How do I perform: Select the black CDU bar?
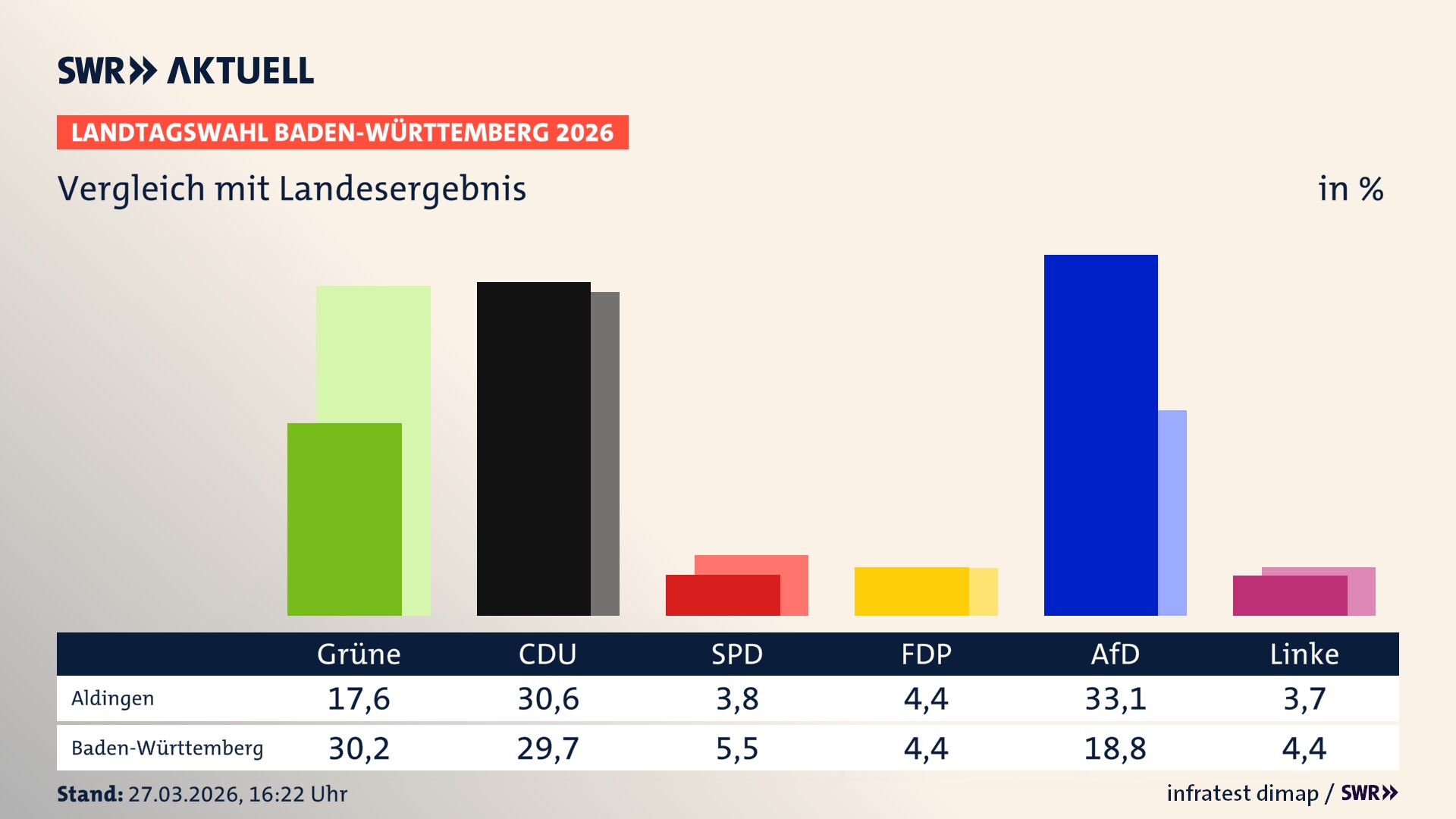[x=533, y=448]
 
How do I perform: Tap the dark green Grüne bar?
[x=344, y=519]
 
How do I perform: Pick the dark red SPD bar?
[x=723, y=595]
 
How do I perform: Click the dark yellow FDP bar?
[x=912, y=591]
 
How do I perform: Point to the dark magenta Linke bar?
[x=1290, y=595]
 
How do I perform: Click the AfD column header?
[x=1115, y=654]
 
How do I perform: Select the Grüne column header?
[x=359, y=654]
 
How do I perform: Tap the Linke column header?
[x=1304, y=654]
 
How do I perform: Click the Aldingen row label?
[x=113, y=698]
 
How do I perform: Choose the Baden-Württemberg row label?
[x=168, y=748]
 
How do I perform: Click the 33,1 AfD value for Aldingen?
[x=1115, y=698]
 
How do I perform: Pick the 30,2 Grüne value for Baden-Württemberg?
[x=359, y=748]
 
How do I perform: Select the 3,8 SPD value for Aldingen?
[x=737, y=698]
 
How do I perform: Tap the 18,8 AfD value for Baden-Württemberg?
[x=1115, y=748]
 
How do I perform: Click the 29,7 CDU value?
[x=548, y=748]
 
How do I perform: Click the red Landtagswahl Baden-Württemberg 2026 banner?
[x=342, y=133]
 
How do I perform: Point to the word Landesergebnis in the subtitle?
[x=402, y=189]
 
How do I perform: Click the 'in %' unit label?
[x=1351, y=189]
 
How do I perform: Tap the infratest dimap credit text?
[x=1242, y=793]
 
